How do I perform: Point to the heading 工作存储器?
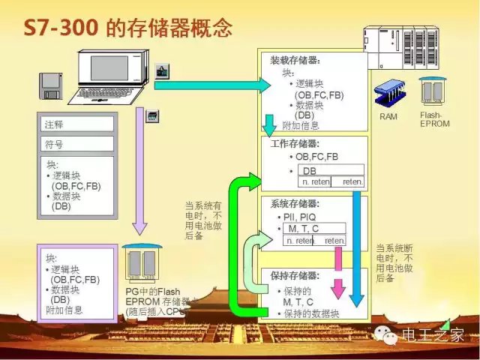coord(295,143)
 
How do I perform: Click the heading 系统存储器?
coord(295,204)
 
